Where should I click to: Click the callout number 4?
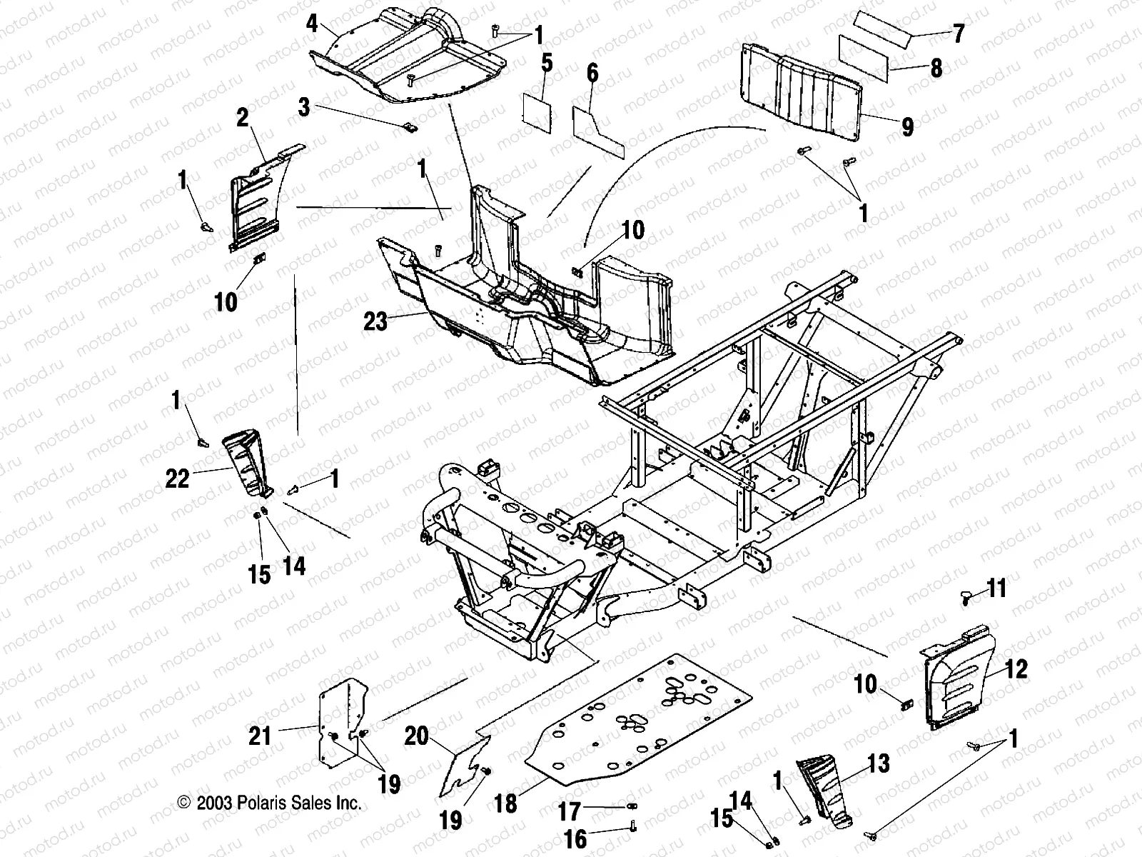pyautogui.click(x=312, y=23)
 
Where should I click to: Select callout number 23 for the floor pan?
pyautogui.click(x=375, y=321)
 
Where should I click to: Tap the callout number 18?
pyautogui.click(x=505, y=803)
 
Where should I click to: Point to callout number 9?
pyautogui.click(x=907, y=127)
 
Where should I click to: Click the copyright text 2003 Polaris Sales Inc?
pyautogui.click(x=269, y=803)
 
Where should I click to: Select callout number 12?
pyautogui.click(x=1016, y=669)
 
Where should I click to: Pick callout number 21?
pyautogui.click(x=261, y=736)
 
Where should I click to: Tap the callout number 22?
pyautogui.click(x=178, y=478)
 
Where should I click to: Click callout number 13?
pyautogui.click(x=879, y=764)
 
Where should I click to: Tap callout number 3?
pyautogui.click(x=305, y=108)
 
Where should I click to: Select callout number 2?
pyautogui.click(x=243, y=118)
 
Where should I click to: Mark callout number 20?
pyautogui.click(x=417, y=736)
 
